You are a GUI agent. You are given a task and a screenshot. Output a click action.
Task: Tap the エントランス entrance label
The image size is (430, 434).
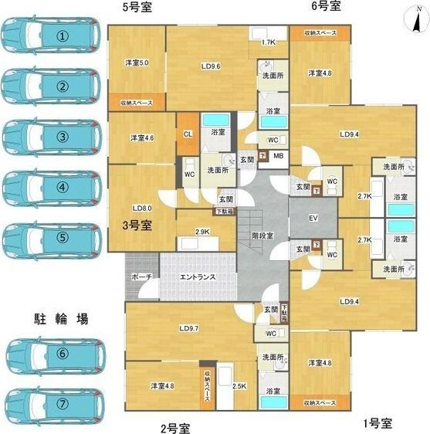click(197, 276)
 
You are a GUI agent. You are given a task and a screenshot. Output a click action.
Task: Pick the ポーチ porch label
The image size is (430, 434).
click(141, 276)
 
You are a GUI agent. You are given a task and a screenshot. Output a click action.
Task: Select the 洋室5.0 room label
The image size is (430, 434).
click(137, 63)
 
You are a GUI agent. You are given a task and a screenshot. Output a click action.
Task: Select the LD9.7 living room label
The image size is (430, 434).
click(189, 328)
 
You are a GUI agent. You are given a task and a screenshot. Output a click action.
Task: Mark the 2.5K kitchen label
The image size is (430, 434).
click(239, 385)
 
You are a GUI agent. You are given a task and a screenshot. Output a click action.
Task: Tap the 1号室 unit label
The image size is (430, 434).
click(378, 423)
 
